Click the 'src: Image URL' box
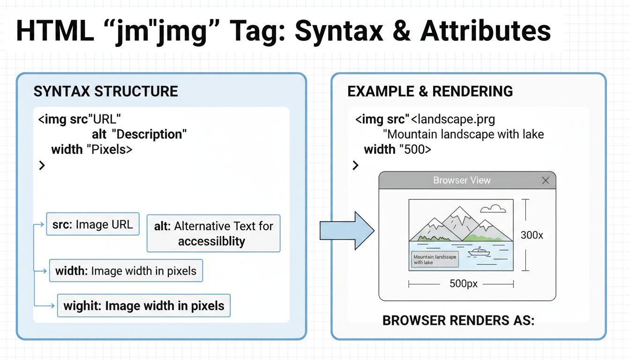(x=93, y=224)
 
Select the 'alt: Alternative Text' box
(x=213, y=233)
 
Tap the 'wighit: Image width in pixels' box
(x=143, y=306)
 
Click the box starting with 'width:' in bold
(x=126, y=270)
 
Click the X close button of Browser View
(x=545, y=180)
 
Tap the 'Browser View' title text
(x=462, y=180)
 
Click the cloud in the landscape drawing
(x=493, y=208)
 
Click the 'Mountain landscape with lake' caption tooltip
(x=435, y=259)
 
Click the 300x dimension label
(x=532, y=235)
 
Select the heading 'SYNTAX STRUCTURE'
(x=105, y=91)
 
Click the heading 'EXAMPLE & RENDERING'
(x=430, y=91)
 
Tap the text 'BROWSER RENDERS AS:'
(x=458, y=321)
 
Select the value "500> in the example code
(x=415, y=150)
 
